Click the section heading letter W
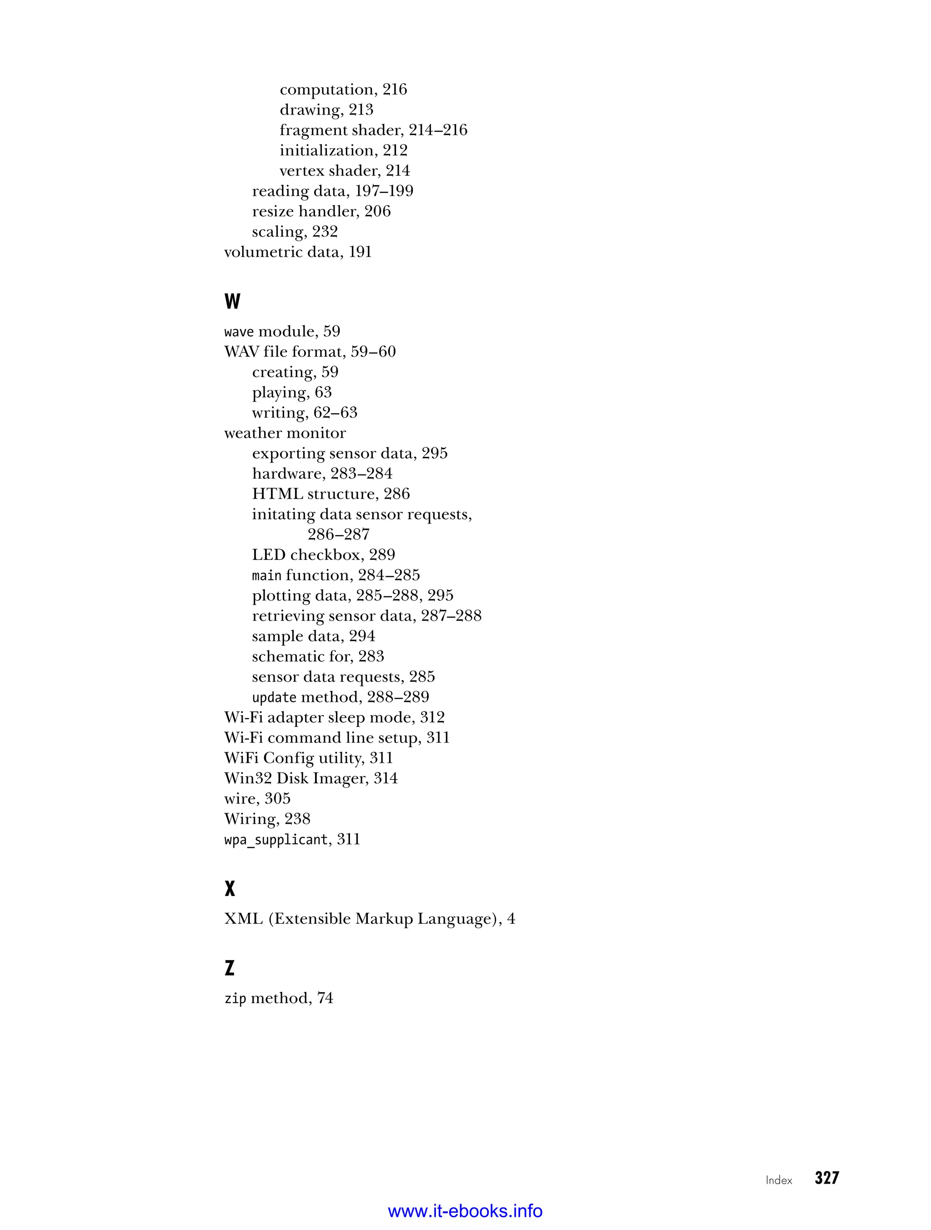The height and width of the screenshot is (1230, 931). (232, 301)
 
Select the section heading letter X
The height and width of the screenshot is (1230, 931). (230, 889)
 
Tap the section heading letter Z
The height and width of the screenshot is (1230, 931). (229, 968)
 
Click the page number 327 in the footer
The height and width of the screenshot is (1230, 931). (826, 1177)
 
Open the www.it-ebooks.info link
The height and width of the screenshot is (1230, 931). (465, 1210)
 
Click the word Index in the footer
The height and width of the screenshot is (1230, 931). (779, 1180)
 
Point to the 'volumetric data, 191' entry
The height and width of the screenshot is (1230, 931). (298, 252)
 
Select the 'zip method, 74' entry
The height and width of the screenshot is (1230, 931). (279, 998)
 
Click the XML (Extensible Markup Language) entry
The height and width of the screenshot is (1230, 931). (369, 919)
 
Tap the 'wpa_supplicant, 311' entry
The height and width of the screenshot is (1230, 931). (292, 839)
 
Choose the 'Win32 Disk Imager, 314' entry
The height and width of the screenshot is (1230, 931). (311, 778)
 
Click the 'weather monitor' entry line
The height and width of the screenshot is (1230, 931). (285, 433)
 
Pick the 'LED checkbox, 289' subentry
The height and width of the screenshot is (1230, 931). (323, 555)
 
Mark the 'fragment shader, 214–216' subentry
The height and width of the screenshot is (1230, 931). (373, 130)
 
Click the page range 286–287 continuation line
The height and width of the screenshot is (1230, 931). (338, 535)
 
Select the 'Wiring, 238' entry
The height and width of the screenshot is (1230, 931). (267, 819)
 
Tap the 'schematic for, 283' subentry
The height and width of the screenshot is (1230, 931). (318, 656)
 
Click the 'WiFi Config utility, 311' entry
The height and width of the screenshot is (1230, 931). (308, 758)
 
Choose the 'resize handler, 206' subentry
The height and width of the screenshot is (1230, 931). (321, 211)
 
